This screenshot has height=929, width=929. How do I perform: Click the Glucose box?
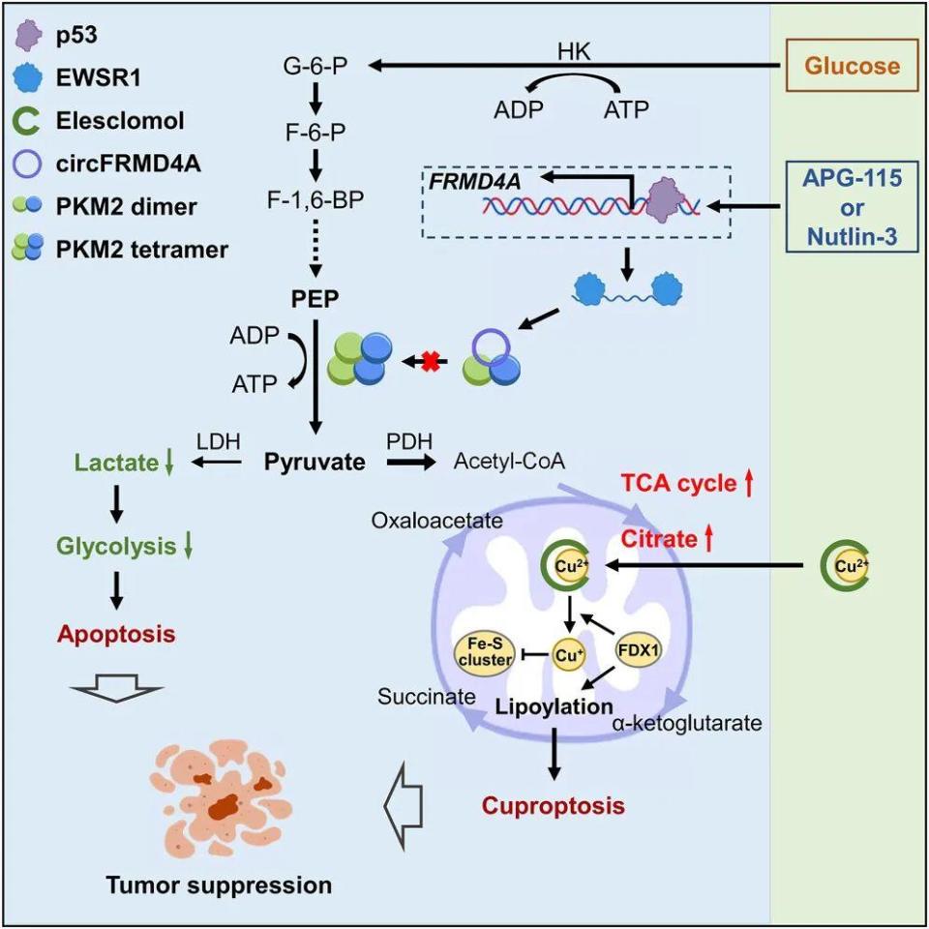click(853, 66)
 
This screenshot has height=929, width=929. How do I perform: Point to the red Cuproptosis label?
click(554, 805)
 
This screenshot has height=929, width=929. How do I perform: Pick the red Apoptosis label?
click(116, 636)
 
